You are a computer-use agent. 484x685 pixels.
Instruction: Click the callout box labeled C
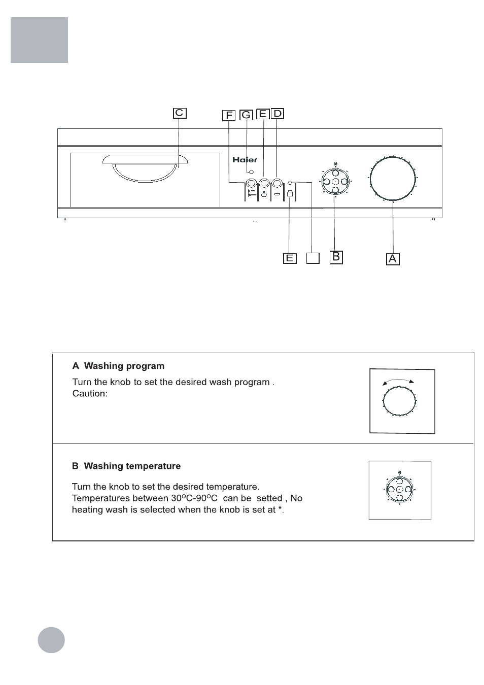point(180,113)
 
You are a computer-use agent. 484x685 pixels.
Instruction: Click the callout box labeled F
point(229,116)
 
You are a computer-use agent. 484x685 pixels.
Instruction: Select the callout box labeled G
point(246,115)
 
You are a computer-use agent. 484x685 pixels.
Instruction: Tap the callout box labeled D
point(277,114)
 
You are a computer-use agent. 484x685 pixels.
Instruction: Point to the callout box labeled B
point(336,257)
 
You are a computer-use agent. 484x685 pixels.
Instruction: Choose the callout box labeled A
point(392,259)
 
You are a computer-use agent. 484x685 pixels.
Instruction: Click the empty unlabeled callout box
point(313,258)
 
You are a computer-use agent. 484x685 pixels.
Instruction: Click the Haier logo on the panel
point(245,160)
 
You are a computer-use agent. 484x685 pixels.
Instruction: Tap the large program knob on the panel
point(393,179)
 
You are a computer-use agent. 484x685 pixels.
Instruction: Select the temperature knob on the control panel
point(335,182)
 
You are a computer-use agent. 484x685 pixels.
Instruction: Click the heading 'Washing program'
point(124,366)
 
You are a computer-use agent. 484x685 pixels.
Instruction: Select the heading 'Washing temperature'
point(132,466)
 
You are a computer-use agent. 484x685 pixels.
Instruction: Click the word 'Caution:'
point(90,394)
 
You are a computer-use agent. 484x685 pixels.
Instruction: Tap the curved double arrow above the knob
point(398,381)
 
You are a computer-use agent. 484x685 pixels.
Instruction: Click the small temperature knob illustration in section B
point(399,490)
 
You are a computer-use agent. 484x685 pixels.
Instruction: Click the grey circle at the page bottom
point(51,639)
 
